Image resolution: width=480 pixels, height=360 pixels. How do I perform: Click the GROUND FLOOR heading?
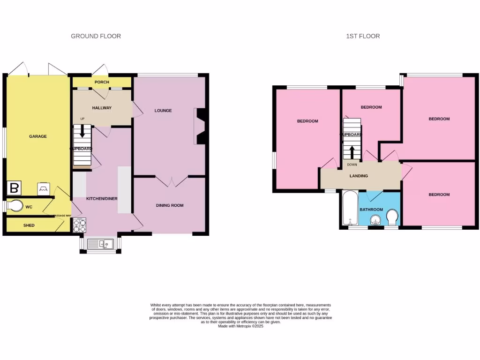[96, 36]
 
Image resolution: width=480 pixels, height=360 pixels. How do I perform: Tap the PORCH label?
[102, 82]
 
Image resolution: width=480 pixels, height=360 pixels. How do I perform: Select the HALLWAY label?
[102, 108]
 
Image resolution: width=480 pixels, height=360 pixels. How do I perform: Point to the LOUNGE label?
[163, 111]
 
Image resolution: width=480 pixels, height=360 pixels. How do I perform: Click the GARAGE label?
[38, 136]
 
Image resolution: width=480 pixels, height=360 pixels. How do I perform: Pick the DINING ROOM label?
[170, 205]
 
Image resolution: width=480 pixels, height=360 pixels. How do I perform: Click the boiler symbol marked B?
[14, 188]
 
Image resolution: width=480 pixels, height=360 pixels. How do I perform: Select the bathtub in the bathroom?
[349, 208]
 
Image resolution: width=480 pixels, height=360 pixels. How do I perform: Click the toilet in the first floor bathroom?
[393, 217]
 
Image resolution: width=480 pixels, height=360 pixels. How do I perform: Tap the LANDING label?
[359, 176]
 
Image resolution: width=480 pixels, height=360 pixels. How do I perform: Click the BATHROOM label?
[371, 210]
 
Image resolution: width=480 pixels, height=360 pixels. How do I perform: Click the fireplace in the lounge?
[199, 126]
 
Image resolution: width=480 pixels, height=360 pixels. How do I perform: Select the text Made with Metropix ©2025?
[241, 326]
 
